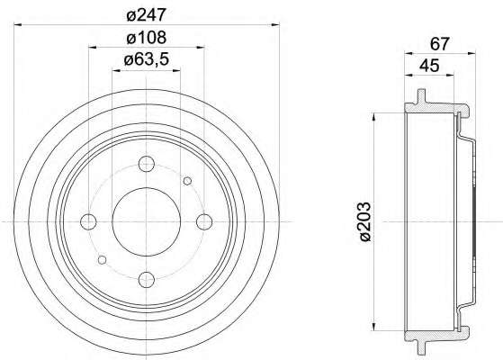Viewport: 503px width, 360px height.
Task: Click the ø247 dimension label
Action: tap(147, 14)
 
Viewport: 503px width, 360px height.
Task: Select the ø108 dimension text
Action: tap(147, 38)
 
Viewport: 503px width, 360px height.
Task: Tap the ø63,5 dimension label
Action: tap(147, 59)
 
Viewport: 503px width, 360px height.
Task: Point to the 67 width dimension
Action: tap(439, 43)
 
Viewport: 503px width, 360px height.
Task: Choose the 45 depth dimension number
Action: tap(429, 66)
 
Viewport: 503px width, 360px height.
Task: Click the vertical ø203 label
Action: tap(365, 221)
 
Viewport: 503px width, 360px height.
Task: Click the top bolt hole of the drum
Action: tap(147, 164)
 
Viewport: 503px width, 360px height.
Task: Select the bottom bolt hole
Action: tap(147, 280)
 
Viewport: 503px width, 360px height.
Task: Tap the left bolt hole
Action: tap(88, 221)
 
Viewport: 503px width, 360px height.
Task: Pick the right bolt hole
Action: tap(204, 221)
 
